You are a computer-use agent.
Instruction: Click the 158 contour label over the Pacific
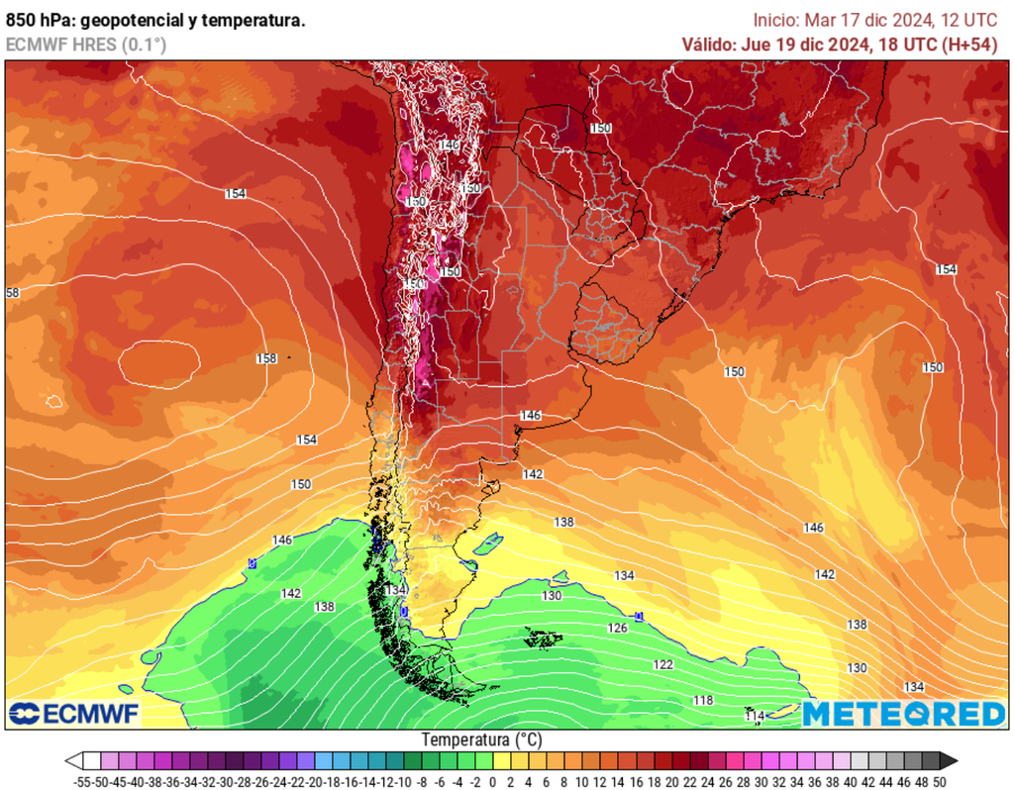click(x=265, y=358)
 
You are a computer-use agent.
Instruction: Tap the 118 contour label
click(x=703, y=701)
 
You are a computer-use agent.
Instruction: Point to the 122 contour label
click(x=662, y=664)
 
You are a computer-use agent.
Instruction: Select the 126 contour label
click(x=617, y=629)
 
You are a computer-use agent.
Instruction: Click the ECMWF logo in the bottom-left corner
click(x=74, y=714)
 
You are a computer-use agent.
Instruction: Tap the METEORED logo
click(x=903, y=714)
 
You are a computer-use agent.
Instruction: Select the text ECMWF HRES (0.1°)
click(x=86, y=45)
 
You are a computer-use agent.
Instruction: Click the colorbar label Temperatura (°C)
click(x=482, y=740)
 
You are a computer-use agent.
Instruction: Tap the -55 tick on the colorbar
click(x=83, y=782)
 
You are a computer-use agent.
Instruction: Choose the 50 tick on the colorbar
click(x=938, y=782)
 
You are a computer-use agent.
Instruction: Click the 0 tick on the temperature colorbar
click(x=493, y=782)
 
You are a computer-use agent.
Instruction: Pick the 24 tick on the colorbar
click(x=707, y=782)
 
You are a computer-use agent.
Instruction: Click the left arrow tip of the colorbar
click(x=71, y=761)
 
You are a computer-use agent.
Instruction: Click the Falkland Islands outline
click(x=540, y=639)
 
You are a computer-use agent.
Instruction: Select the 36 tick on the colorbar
click(x=814, y=782)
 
